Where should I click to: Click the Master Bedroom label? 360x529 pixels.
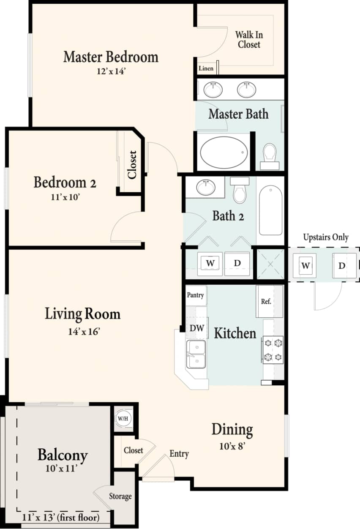[x=111, y=57]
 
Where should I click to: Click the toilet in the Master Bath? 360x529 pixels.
[x=269, y=155]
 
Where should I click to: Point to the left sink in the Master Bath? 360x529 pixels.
[x=213, y=89]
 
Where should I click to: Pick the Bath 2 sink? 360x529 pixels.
[x=206, y=186]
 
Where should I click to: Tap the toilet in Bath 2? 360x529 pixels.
[x=240, y=191]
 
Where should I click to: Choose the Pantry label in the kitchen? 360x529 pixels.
[x=195, y=295]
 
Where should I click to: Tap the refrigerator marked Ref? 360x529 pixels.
[x=266, y=301]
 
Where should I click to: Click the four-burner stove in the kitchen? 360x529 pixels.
[x=273, y=350]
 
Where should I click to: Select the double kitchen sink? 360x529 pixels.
[x=196, y=354]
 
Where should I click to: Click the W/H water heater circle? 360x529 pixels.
[x=123, y=419]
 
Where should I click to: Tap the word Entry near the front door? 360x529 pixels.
[x=179, y=454]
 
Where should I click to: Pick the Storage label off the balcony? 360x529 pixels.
[x=120, y=496]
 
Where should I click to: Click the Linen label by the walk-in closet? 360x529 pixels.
[x=206, y=68]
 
